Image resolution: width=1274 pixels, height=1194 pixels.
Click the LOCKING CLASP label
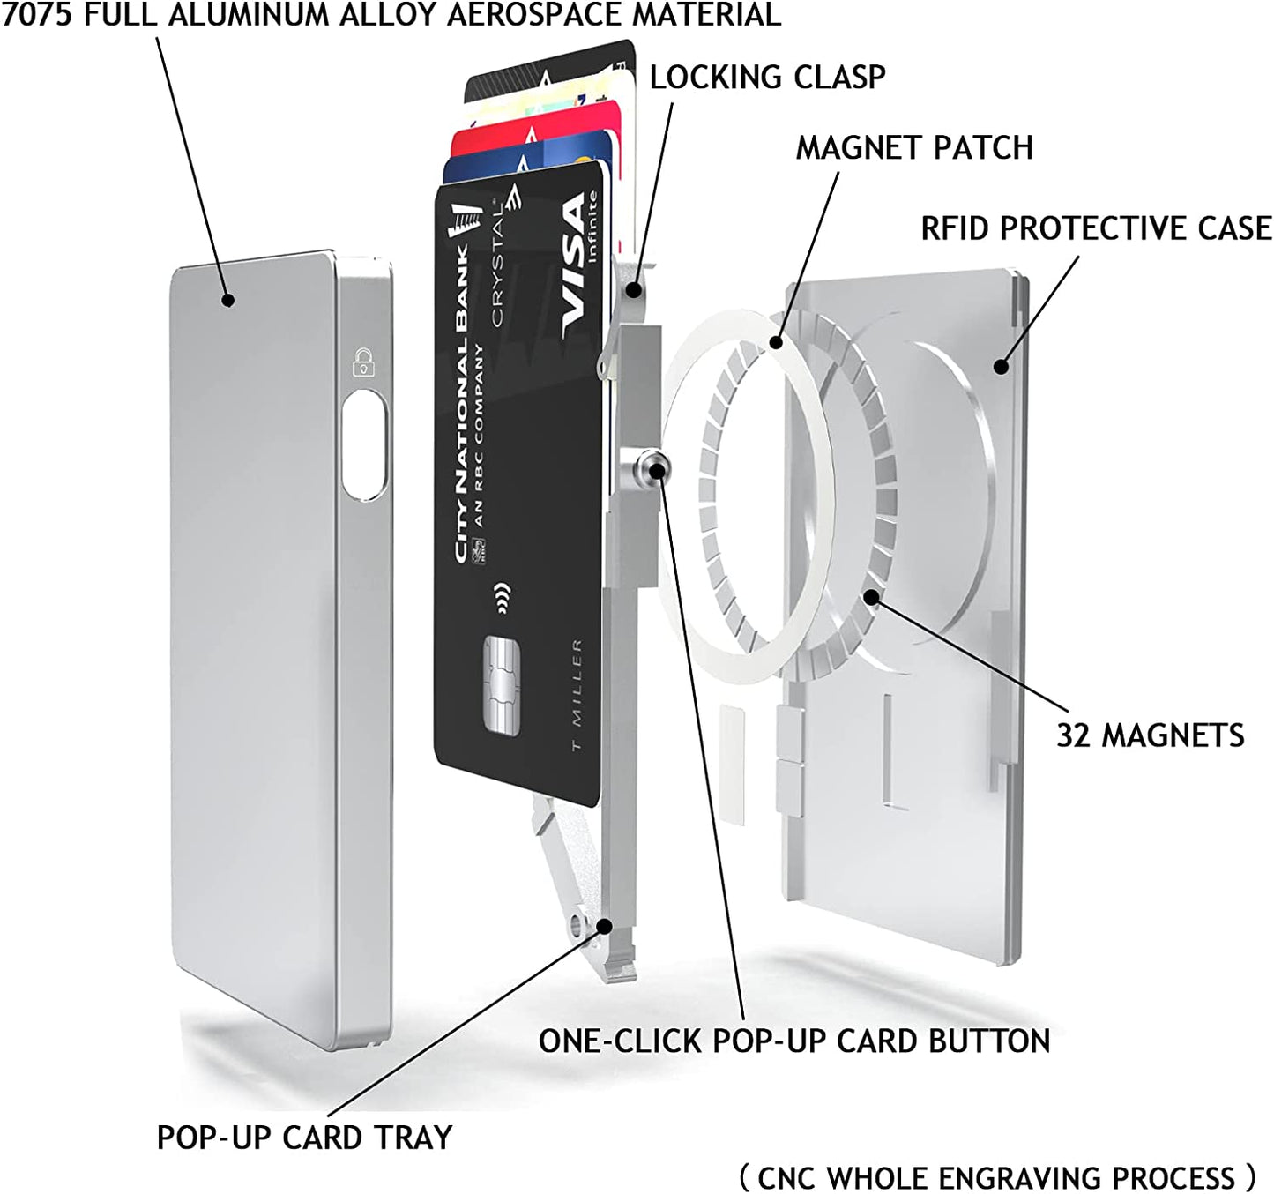tap(767, 77)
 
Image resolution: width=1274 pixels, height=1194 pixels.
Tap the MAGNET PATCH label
tap(914, 147)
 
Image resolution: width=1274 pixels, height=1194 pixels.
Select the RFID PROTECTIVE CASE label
tap(1096, 228)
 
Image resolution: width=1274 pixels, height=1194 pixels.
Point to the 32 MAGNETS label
tap(1150, 735)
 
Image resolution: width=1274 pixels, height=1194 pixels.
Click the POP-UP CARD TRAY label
tap(304, 1137)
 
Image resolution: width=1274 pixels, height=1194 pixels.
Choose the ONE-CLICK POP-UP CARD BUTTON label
tap(794, 1041)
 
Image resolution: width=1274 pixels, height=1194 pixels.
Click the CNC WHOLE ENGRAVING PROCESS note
tap(996, 1177)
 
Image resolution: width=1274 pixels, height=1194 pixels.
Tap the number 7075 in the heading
tap(37, 15)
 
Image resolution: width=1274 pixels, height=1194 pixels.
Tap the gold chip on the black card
tap(502, 683)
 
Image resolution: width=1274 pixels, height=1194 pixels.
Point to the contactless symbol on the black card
tap(503, 598)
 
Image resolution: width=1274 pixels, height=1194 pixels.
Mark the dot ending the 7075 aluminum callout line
tap(228, 300)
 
